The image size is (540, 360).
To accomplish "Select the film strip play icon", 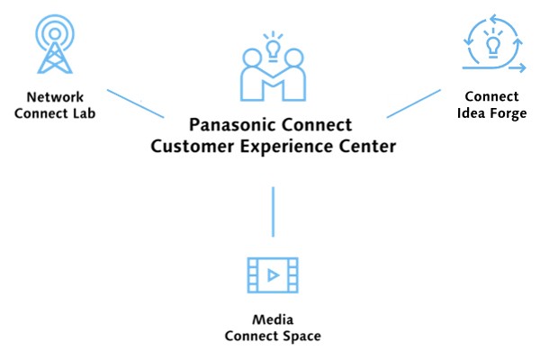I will (272, 275).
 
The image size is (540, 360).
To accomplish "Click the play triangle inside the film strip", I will (273, 275).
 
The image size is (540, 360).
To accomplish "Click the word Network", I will (55, 96).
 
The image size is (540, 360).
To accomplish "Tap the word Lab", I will (84, 113).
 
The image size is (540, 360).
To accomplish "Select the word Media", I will (273, 319).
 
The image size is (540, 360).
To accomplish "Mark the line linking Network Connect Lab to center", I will (135, 103).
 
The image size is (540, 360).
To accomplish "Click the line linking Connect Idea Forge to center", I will (413, 103).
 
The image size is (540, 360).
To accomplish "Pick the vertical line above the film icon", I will (273, 212).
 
